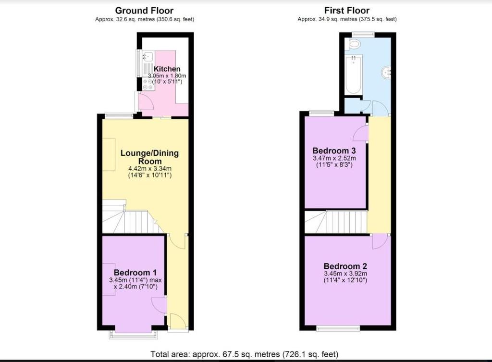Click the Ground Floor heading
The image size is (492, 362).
tap(144, 11)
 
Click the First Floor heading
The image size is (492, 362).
tap(347, 11)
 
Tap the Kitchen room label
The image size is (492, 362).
tap(167, 69)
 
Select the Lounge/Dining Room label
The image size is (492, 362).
tap(150, 157)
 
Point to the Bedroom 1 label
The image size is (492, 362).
tap(135, 273)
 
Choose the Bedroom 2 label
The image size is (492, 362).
tap(345, 266)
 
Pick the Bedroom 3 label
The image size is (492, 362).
tap(334, 150)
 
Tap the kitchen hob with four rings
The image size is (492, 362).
tap(148, 84)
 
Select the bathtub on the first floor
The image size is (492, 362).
tap(353, 75)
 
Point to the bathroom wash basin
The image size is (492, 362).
tap(387, 73)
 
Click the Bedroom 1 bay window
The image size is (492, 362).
tap(134, 334)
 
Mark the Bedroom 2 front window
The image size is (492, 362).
tap(338, 328)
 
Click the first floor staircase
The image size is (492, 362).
tap(336, 222)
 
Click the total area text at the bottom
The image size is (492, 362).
tap(245, 354)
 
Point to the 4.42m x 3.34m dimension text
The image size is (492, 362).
tap(150, 169)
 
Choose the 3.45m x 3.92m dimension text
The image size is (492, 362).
tap(345, 274)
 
